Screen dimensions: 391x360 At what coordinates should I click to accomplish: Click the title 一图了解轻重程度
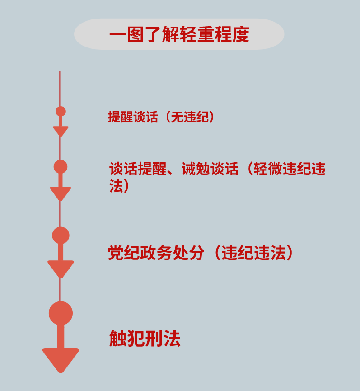click(x=179, y=35)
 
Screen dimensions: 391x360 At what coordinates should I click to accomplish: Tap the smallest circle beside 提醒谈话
click(x=61, y=111)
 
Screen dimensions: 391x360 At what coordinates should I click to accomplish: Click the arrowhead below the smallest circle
click(x=61, y=131)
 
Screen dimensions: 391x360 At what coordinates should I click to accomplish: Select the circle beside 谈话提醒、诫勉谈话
click(x=61, y=167)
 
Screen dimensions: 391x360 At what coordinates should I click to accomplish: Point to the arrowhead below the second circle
click(x=61, y=193)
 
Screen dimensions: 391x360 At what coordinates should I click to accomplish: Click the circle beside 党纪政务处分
click(x=61, y=236)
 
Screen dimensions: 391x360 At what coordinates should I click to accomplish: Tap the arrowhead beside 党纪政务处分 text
click(x=61, y=269)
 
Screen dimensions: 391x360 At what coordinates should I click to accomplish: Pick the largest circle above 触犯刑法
click(x=61, y=313)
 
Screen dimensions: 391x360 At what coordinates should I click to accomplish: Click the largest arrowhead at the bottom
click(x=61, y=359)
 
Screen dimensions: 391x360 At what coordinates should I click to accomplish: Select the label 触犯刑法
click(x=145, y=338)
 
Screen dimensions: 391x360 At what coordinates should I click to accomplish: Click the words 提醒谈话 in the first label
click(x=133, y=117)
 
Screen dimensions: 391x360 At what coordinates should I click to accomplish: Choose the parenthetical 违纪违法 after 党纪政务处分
click(x=254, y=253)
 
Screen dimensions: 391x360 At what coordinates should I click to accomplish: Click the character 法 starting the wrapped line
click(x=116, y=186)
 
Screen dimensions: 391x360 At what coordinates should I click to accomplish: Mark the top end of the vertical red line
click(x=60, y=71)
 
